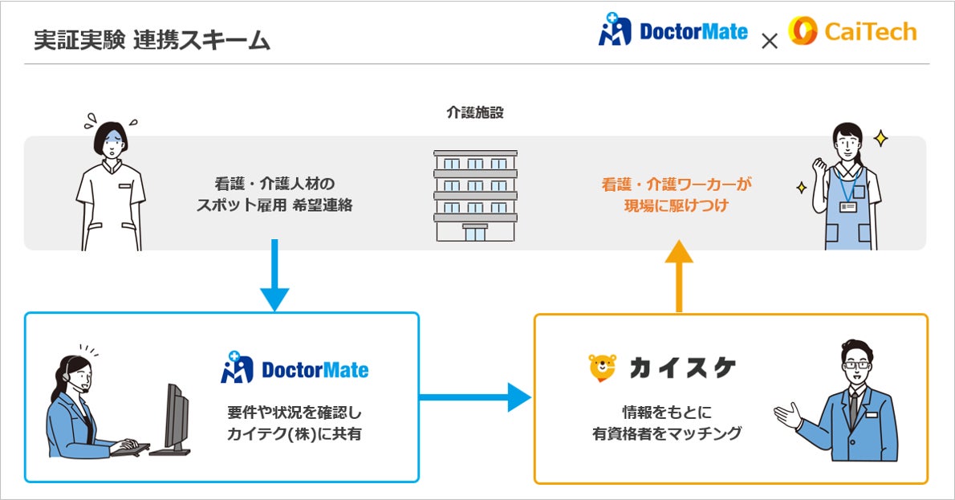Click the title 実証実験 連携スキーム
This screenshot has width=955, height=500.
pyautogui.click(x=152, y=40)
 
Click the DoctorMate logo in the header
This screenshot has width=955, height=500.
pyautogui.click(x=673, y=33)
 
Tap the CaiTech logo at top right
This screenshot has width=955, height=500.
pyautogui.click(x=852, y=32)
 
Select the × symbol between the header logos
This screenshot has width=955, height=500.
pyautogui.click(x=769, y=41)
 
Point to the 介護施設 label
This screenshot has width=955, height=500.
pyautogui.click(x=475, y=113)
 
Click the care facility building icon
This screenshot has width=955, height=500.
pyautogui.click(x=476, y=195)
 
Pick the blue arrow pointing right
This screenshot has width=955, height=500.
pyautogui.click(x=474, y=396)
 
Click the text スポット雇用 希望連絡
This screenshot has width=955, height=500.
pyautogui.click(x=274, y=205)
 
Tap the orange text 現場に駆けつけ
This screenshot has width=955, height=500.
pyautogui.click(x=677, y=205)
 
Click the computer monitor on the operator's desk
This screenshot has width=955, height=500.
pyautogui.click(x=177, y=417)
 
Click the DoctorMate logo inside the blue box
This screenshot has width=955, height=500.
pyautogui.click(x=295, y=368)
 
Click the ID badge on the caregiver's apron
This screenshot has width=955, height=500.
pyautogui.click(x=847, y=207)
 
